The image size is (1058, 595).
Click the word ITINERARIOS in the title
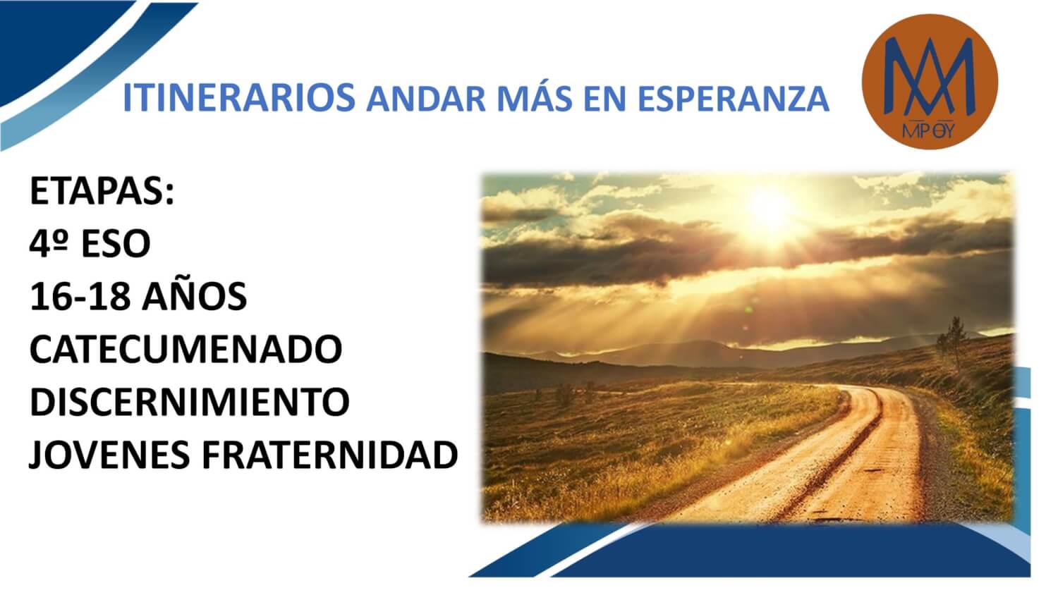[x=239, y=98]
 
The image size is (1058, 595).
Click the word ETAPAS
[x=102, y=191]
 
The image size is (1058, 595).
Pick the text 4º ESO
[x=90, y=244]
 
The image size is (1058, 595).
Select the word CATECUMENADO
[x=186, y=350]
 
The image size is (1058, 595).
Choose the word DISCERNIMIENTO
[x=190, y=403]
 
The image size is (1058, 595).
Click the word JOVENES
[x=109, y=455]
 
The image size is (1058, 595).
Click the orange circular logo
[x=930, y=82]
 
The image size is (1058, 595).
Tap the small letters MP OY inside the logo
[x=929, y=130]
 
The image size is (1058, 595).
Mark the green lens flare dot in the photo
[x=748, y=309]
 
